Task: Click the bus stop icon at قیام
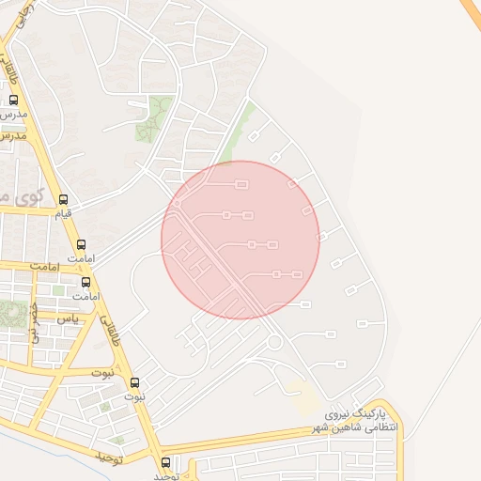coord(63,199)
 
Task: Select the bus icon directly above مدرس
coord(13,100)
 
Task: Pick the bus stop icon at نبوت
coord(134,382)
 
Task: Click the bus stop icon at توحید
coord(166,462)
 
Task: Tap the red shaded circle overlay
coord(240,240)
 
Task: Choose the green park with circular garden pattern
coord(12,313)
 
